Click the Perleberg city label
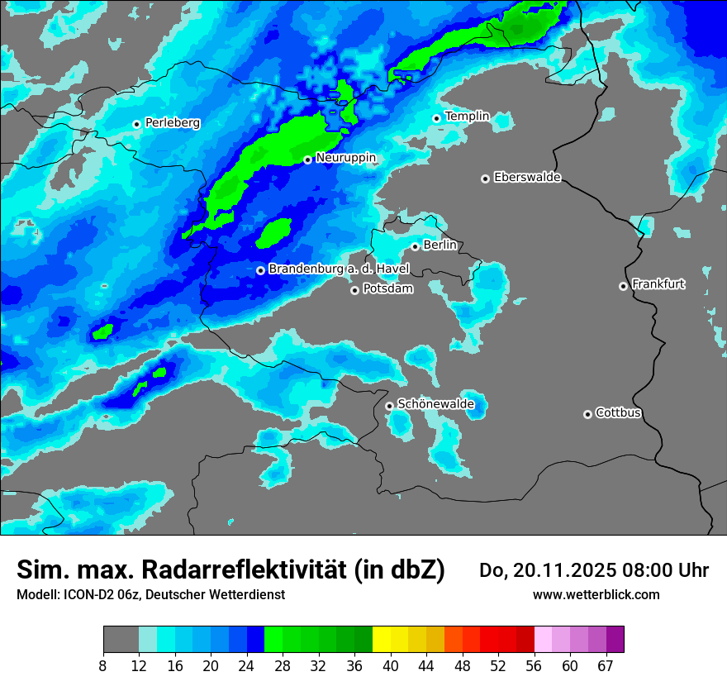[x=172, y=123]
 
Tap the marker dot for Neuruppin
[x=307, y=160]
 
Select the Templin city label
[x=467, y=117]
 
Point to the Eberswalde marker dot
[x=485, y=179]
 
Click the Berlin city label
[x=440, y=245]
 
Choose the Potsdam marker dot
[x=354, y=290]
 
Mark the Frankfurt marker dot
[x=623, y=286]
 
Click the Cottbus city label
[x=618, y=413]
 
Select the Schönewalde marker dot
[x=389, y=406]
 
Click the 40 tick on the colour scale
[x=390, y=666]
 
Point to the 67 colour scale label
[x=605, y=666]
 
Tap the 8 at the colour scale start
[x=103, y=666]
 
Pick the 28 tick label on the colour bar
[x=283, y=666]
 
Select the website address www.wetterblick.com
[x=596, y=594]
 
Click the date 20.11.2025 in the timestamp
[x=564, y=570]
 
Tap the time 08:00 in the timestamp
[x=647, y=570]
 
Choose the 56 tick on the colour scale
[x=534, y=666]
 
